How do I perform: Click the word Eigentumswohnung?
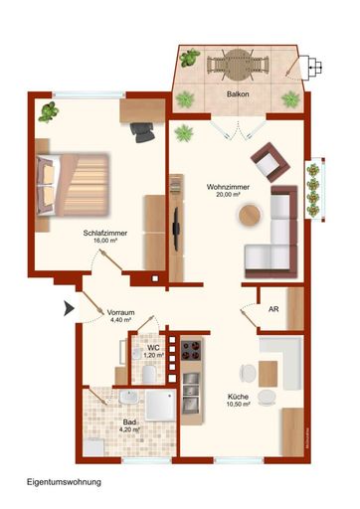65,481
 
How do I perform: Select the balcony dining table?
236,67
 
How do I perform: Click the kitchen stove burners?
191,352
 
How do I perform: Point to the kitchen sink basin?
189,402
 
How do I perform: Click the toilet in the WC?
147,374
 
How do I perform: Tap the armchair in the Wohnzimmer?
268,161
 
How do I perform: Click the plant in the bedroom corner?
49,112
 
